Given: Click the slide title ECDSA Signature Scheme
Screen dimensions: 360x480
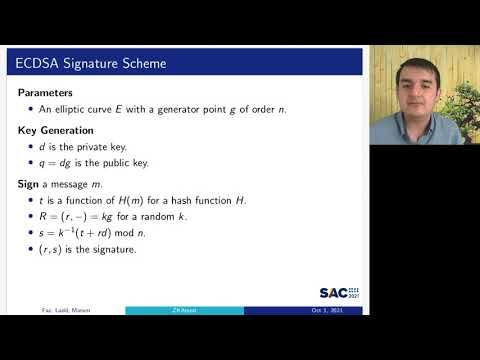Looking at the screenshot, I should coord(91,64).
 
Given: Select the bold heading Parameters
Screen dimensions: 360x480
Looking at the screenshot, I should coord(47,92).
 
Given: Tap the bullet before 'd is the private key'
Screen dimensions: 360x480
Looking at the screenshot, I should coord(31,147).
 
